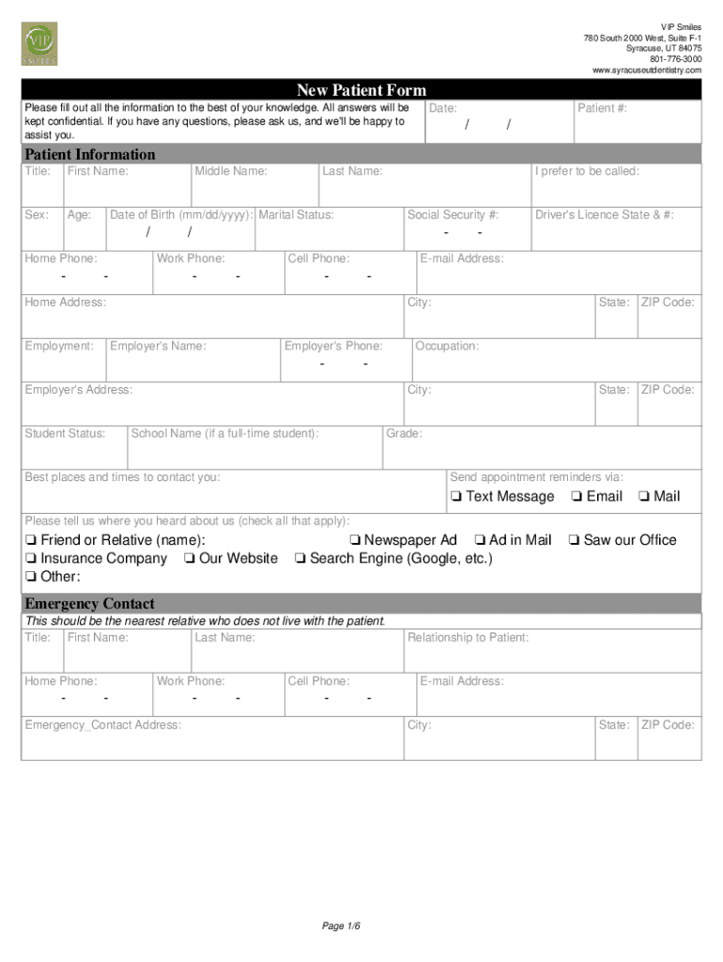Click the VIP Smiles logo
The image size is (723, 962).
[x=39, y=44]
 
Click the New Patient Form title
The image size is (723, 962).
[x=361, y=90]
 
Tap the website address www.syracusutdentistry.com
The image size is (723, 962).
[x=646, y=70]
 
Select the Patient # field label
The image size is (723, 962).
[x=602, y=109]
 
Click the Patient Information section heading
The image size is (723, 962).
[x=90, y=154]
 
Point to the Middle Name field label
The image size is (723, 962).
[x=231, y=171]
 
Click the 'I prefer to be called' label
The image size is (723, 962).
[x=587, y=171]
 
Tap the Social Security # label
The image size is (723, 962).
[x=453, y=215]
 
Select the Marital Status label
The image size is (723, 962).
[x=296, y=215]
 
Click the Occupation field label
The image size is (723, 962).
[x=447, y=347]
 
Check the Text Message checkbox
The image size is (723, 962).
[x=455, y=497]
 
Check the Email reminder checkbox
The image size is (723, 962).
[x=576, y=497]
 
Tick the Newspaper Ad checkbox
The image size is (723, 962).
[x=354, y=540]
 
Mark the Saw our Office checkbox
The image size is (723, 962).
[x=573, y=540]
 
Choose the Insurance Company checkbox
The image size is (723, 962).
[x=31, y=559]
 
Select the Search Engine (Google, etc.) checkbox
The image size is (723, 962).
[x=300, y=559]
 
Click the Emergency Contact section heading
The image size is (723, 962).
[x=90, y=603]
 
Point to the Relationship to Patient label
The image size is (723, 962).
[x=468, y=638]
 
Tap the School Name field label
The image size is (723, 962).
[x=224, y=434]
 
